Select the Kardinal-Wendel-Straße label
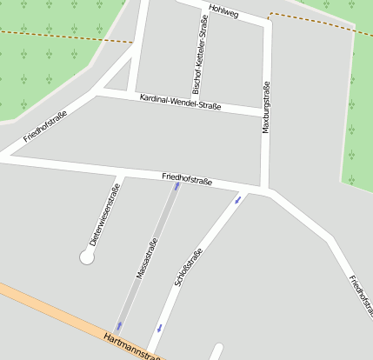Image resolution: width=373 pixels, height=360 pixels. pyautogui.click(x=180, y=101)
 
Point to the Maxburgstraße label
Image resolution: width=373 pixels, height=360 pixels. pyautogui.click(x=266, y=108)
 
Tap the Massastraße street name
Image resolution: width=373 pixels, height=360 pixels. pyautogui.click(x=147, y=258)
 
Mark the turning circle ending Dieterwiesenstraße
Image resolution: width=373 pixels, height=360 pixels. pyautogui.click(x=87, y=257)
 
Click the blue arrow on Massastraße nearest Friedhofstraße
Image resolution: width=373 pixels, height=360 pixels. pyautogui.click(x=177, y=185)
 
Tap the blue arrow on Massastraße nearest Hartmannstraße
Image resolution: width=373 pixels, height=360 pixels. pyautogui.click(x=119, y=326)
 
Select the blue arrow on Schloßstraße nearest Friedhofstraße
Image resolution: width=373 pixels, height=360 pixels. pyautogui.click(x=237, y=201)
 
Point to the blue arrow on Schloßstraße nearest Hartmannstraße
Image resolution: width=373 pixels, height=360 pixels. pyautogui.click(x=159, y=328)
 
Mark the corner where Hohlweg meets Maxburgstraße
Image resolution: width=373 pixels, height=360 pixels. pyautogui.click(x=267, y=23)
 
